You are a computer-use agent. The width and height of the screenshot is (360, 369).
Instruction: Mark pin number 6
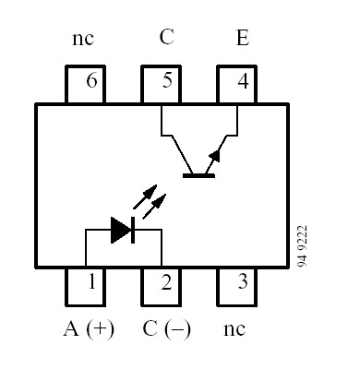(90, 84)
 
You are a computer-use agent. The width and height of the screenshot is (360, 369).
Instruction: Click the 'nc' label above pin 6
(82, 40)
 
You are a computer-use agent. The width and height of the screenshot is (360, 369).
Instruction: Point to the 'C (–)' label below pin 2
(166, 328)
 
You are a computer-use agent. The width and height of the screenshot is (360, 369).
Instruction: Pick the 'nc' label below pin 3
(235, 328)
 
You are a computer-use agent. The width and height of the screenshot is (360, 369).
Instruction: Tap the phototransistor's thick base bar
(198, 173)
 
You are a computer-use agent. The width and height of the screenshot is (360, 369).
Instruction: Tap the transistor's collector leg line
(175, 149)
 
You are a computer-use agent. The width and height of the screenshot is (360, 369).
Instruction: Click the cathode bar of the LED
(134, 231)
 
